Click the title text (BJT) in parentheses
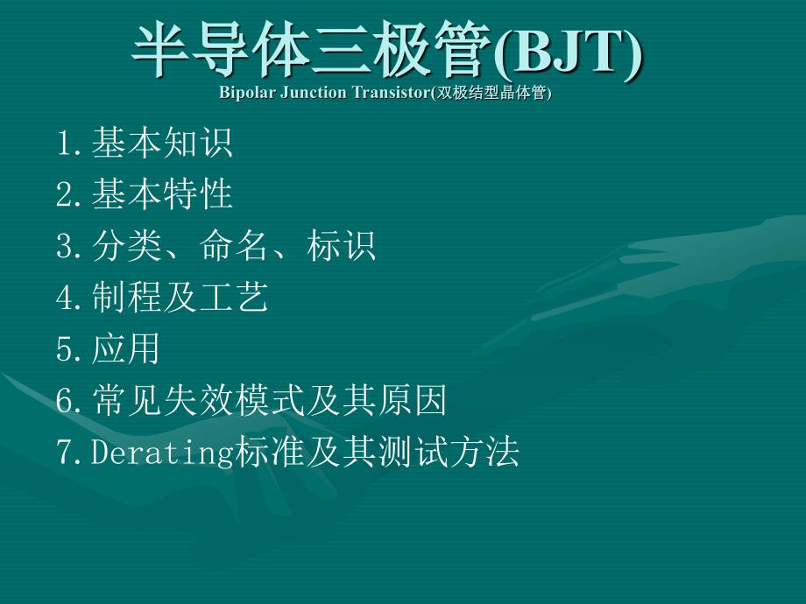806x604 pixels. (568, 52)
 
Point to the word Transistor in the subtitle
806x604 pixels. (391, 93)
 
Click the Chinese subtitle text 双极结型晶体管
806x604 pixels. (491, 93)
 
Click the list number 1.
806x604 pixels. (64, 143)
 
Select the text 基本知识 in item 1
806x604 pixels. (162, 143)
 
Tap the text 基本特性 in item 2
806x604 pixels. (162, 193)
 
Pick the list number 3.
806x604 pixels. (64, 245)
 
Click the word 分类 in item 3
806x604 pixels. (127, 245)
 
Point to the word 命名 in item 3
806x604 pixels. (234, 245)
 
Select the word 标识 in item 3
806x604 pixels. (342, 245)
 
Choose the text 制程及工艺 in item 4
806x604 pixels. (180, 297)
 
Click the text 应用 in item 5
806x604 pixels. (126, 348)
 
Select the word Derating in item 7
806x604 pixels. (162, 452)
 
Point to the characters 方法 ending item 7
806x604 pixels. (484, 451)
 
